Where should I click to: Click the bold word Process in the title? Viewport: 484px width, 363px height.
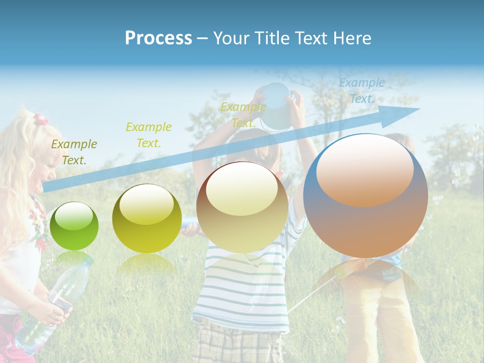click(158, 38)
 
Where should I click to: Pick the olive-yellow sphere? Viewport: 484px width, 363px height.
click(147, 219)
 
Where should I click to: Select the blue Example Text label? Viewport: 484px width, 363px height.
click(361, 91)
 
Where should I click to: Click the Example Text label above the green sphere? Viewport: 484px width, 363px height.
click(74, 152)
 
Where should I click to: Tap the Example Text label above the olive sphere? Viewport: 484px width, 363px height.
click(149, 135)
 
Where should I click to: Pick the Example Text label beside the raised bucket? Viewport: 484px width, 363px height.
click(243, 115)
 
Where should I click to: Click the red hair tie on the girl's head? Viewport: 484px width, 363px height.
click(40, 120)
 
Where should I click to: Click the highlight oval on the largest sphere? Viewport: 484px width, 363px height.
click(365, 169)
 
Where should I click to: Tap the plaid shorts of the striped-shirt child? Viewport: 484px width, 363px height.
click(237, 343)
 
